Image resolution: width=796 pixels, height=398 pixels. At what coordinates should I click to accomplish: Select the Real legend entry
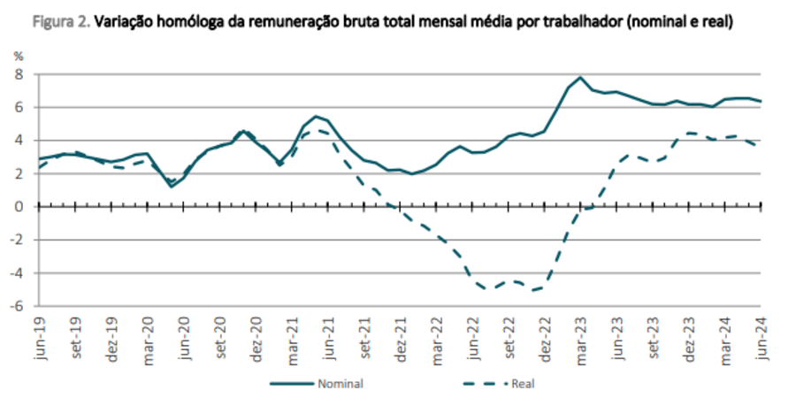coord(523,384)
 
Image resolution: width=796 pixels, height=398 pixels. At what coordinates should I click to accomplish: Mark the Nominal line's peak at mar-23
coord(580,77)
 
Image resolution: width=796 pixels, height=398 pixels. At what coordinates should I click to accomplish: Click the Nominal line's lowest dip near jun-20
coord(172,186)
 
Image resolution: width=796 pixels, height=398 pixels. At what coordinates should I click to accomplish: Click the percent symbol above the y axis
coord(17,56)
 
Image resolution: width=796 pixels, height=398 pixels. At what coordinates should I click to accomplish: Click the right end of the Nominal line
coord(762,101)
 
